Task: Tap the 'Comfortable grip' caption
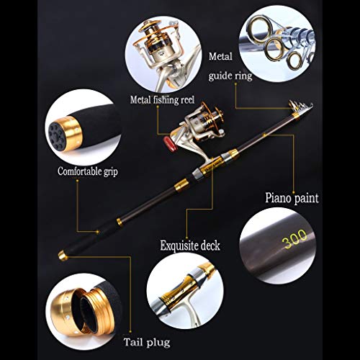(87, 172)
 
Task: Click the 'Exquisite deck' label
(189, 246)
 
